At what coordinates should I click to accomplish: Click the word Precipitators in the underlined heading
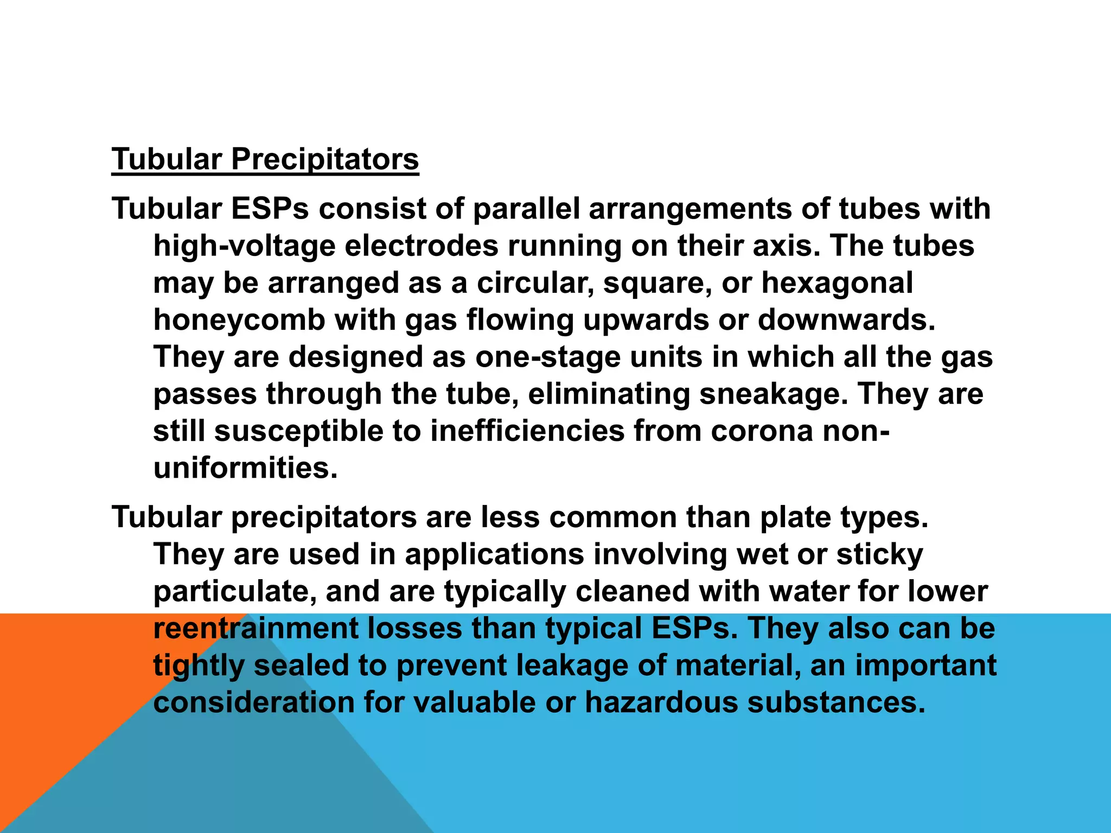pyautogui.click(x=325, y=159)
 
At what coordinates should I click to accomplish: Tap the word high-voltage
pyautogui.click(x=244, y=246)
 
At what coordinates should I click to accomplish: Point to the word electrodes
pyautogui.click(x=422, y=246)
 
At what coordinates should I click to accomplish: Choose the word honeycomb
pyautogui.click(x=239, y=319)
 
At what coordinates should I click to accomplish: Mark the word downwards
pyautogui.click(x=846, y=319)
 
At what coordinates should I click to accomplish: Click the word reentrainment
pyautogui.click(x=256, y=629)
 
